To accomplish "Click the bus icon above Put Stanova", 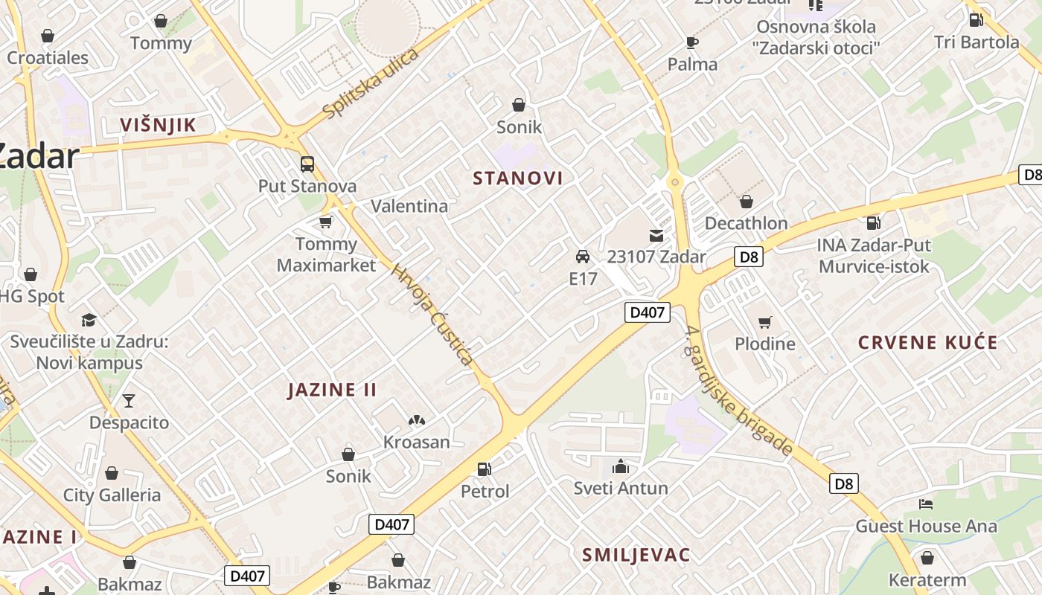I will tap(307, 164).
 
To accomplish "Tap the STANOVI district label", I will tap(518, 178).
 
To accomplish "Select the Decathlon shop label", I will tap(746, 223).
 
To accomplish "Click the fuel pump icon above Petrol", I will tap(485, 469).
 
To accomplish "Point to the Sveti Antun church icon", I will tap(620, 466).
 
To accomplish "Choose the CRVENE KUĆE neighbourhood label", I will tap(927, 343).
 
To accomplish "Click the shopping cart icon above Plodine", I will tap(764, 322).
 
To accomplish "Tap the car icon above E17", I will tap(583, 257).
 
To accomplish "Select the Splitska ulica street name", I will tap(371, 83).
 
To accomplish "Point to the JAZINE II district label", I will tap(332, 390).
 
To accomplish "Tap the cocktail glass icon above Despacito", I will tap(129, 401).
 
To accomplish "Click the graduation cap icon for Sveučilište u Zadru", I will tap(89, 320).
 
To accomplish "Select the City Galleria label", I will tap(112, 495).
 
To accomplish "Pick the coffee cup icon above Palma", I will tap(692, 42).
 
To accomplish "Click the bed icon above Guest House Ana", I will tap(926, 504).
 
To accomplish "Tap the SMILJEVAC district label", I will tap(636, 555).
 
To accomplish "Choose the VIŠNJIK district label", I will tap(159, 125).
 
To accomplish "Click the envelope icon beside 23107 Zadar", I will tap(656, 236).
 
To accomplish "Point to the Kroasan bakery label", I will tap(417, 442).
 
